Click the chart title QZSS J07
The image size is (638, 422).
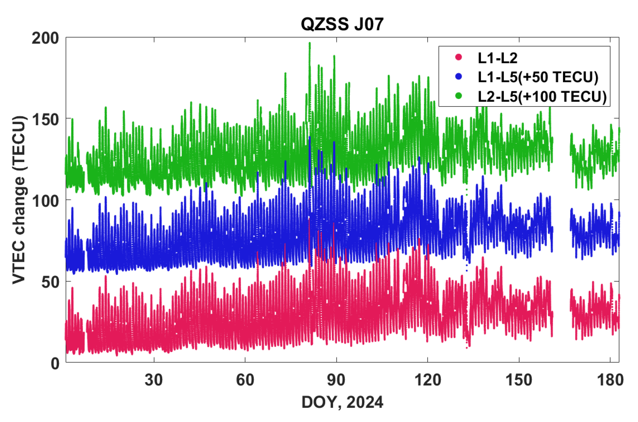342,24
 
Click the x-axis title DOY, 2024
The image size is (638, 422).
342,402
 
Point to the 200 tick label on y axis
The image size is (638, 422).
45,38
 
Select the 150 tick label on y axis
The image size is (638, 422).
45,119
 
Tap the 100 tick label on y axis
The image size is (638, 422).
45,201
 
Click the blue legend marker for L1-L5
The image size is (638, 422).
459,76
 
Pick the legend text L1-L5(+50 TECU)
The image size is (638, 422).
538,77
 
